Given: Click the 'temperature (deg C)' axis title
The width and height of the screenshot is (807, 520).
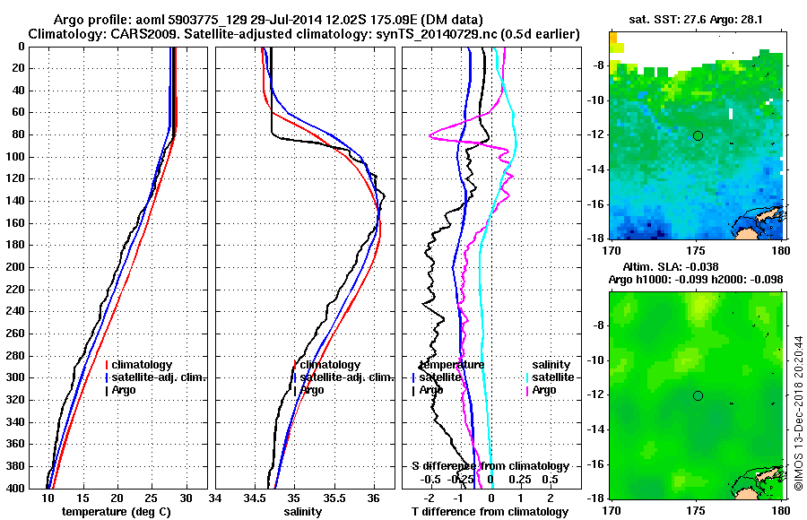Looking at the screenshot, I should (x=116, y=512).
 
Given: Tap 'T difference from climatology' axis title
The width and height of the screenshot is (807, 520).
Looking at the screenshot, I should (x=490, y=512).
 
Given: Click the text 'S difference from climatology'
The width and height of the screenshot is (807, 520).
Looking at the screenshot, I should (x=490, y=466).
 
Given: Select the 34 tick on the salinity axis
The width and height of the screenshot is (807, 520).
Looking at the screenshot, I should (x=216, y=498).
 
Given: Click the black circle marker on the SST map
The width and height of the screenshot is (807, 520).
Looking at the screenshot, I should (x=697, y=135).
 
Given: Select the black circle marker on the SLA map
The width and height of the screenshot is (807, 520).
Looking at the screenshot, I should (x=697, y=395).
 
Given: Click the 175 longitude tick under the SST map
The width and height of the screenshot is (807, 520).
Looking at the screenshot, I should (x=695, y=248).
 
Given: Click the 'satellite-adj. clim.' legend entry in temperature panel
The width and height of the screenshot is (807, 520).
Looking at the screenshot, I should (x=159, y=377).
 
